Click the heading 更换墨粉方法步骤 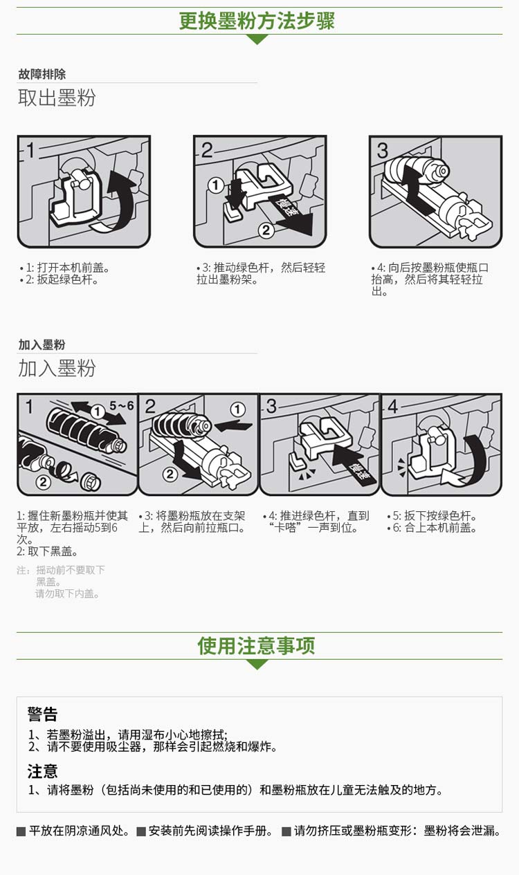pyautogui.click(x=257, y=21)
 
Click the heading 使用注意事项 pyautogui.click(x=256, y=645)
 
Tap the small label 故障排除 pyautogui.click(x=42, y=74)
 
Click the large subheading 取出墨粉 pyautogui.click(x=57, y=98)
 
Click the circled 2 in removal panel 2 pyautogui.click(x=266, y=230)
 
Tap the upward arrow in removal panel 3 pyautogui.click(x=418, y=187)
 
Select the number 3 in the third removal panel pyautogui.click(x=383, y=150)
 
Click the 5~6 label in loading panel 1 pyautogui.click(x=122, y=405)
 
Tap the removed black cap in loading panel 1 pyautogui.click(x=91, y=481)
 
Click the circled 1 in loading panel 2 pyautogui.click(x=237, y=409)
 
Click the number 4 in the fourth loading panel pyautogui.click(x=392, y=406)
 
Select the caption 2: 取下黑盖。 pyautogui.click(x=48, y=551)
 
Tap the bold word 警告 pyautogui.click(x=42, y=714)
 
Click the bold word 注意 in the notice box pyautogui.click(x=42, y=771)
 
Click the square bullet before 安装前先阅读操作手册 pyautogui.click(x=141, y=831)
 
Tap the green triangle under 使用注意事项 pyautogui.click(x=257, y=663)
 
